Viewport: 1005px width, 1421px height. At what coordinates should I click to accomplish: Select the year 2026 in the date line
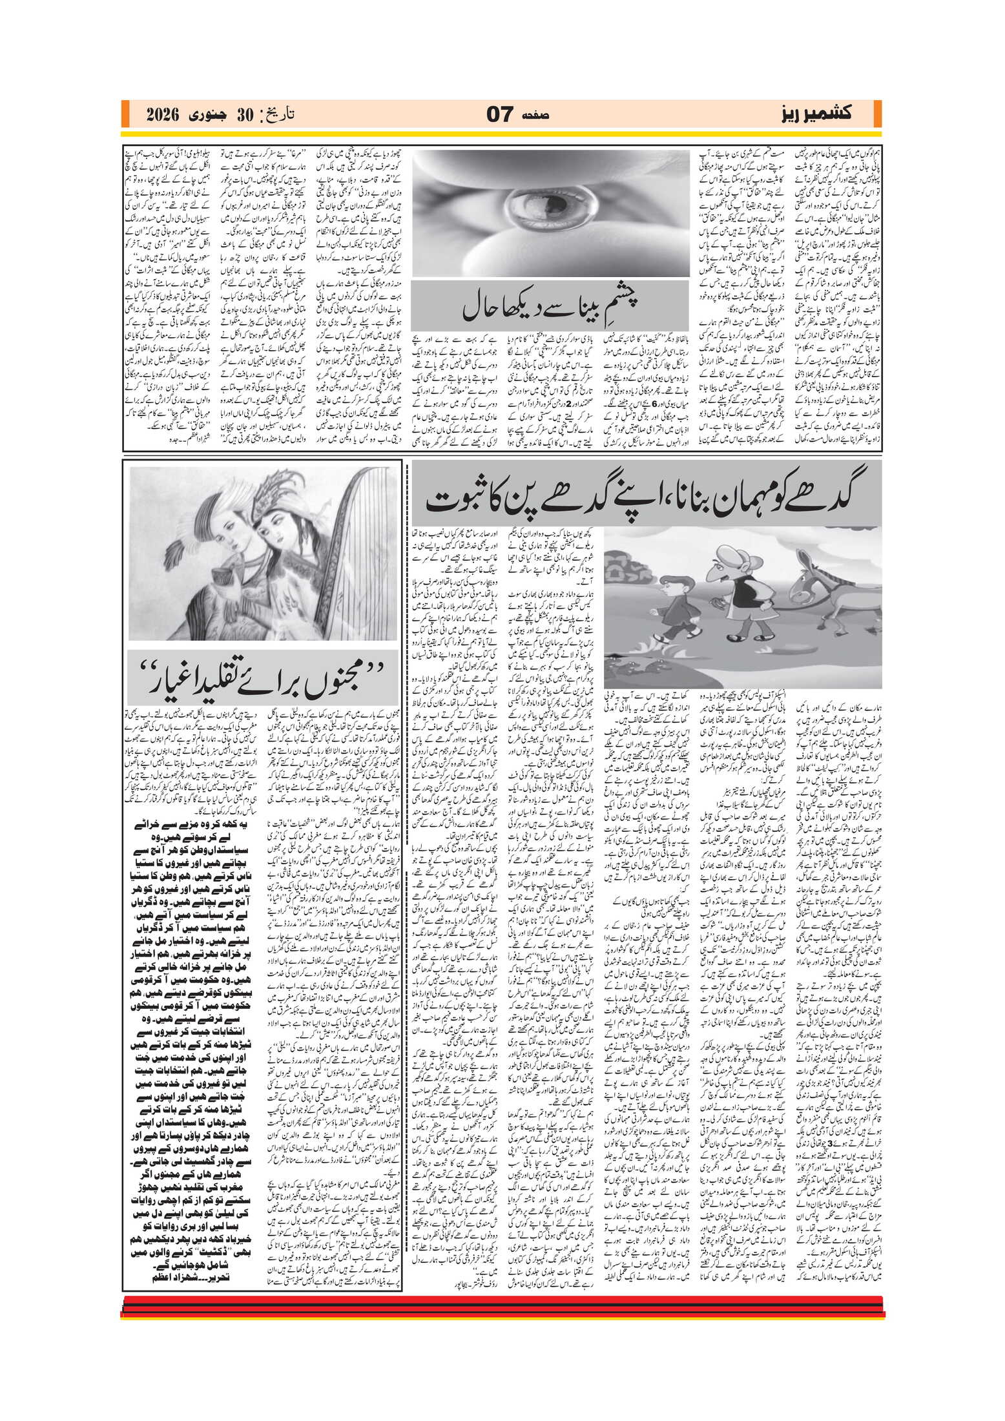[163, 115]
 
